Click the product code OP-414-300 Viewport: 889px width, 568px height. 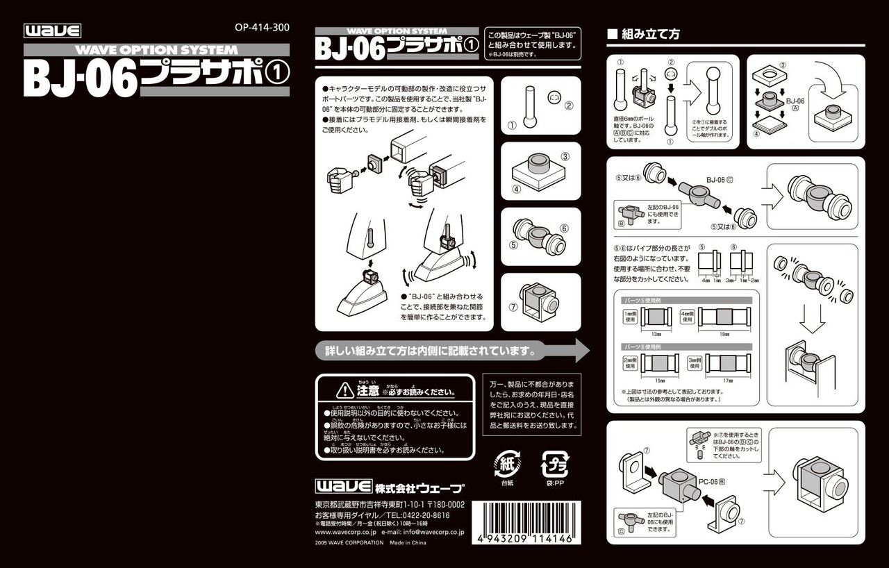coord(262,28)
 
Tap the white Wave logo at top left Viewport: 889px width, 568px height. coord(53,31)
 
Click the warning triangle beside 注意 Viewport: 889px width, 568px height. coord(345,390)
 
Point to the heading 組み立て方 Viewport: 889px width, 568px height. coord(648,34)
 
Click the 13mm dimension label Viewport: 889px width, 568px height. coord(656,335)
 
